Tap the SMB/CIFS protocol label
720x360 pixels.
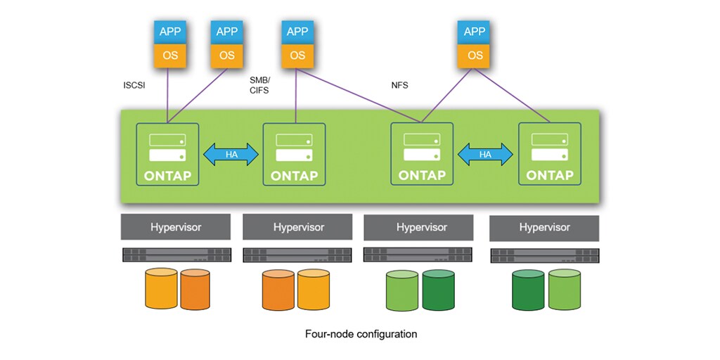pos(259,85)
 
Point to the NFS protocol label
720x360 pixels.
pos(399,85)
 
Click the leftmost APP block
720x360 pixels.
pos(169,31)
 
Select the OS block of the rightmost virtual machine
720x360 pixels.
pos(475,56)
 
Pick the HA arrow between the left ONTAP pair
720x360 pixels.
pos(231,154)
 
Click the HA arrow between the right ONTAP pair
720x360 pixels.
pos(485,154)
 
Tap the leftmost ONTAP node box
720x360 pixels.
pos(167,154)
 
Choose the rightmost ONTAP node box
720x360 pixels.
pos(550,154)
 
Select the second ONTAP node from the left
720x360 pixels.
pos(294,154)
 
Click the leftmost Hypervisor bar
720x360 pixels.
pos(176,227)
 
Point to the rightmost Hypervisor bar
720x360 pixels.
pos(544,228)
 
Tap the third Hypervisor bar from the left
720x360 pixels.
pos(421,227)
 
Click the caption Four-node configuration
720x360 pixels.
pos(361,334)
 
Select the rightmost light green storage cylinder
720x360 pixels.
pos(565,289)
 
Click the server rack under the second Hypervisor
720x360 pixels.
pos(297,255)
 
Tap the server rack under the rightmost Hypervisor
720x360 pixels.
pos(544,255)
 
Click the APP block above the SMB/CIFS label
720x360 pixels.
pos(297,31)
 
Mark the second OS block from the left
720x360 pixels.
pos(226,56)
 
